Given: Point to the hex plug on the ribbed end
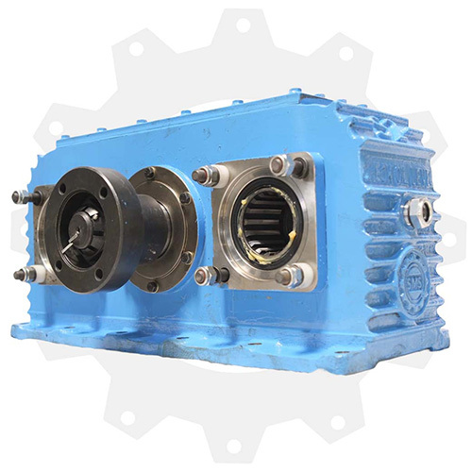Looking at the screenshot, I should pyautogui.click(x=414, y=209).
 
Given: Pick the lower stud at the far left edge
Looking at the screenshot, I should pyautogui.click(x=21, y=274).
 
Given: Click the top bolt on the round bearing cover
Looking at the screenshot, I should pyautogui.click(x=148, y=174).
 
